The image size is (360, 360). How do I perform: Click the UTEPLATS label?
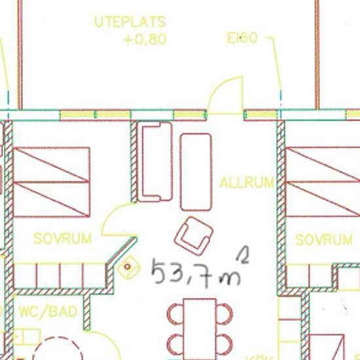click(x=130, y=22)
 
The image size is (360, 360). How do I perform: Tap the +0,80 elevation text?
click(x=145, y=39)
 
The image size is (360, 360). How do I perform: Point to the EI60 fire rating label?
click(x=242, y=38)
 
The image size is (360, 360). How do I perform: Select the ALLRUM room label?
click(x=247, y=182)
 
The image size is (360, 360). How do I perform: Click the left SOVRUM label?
click(x=62, y=238)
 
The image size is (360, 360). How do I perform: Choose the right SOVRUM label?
click(x=324, y=240)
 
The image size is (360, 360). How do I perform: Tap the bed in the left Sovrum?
click(x=51, y=181)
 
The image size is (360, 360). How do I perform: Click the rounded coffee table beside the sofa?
click(x=196, y=171)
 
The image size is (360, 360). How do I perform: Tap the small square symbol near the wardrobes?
click(x=128, y=267)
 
